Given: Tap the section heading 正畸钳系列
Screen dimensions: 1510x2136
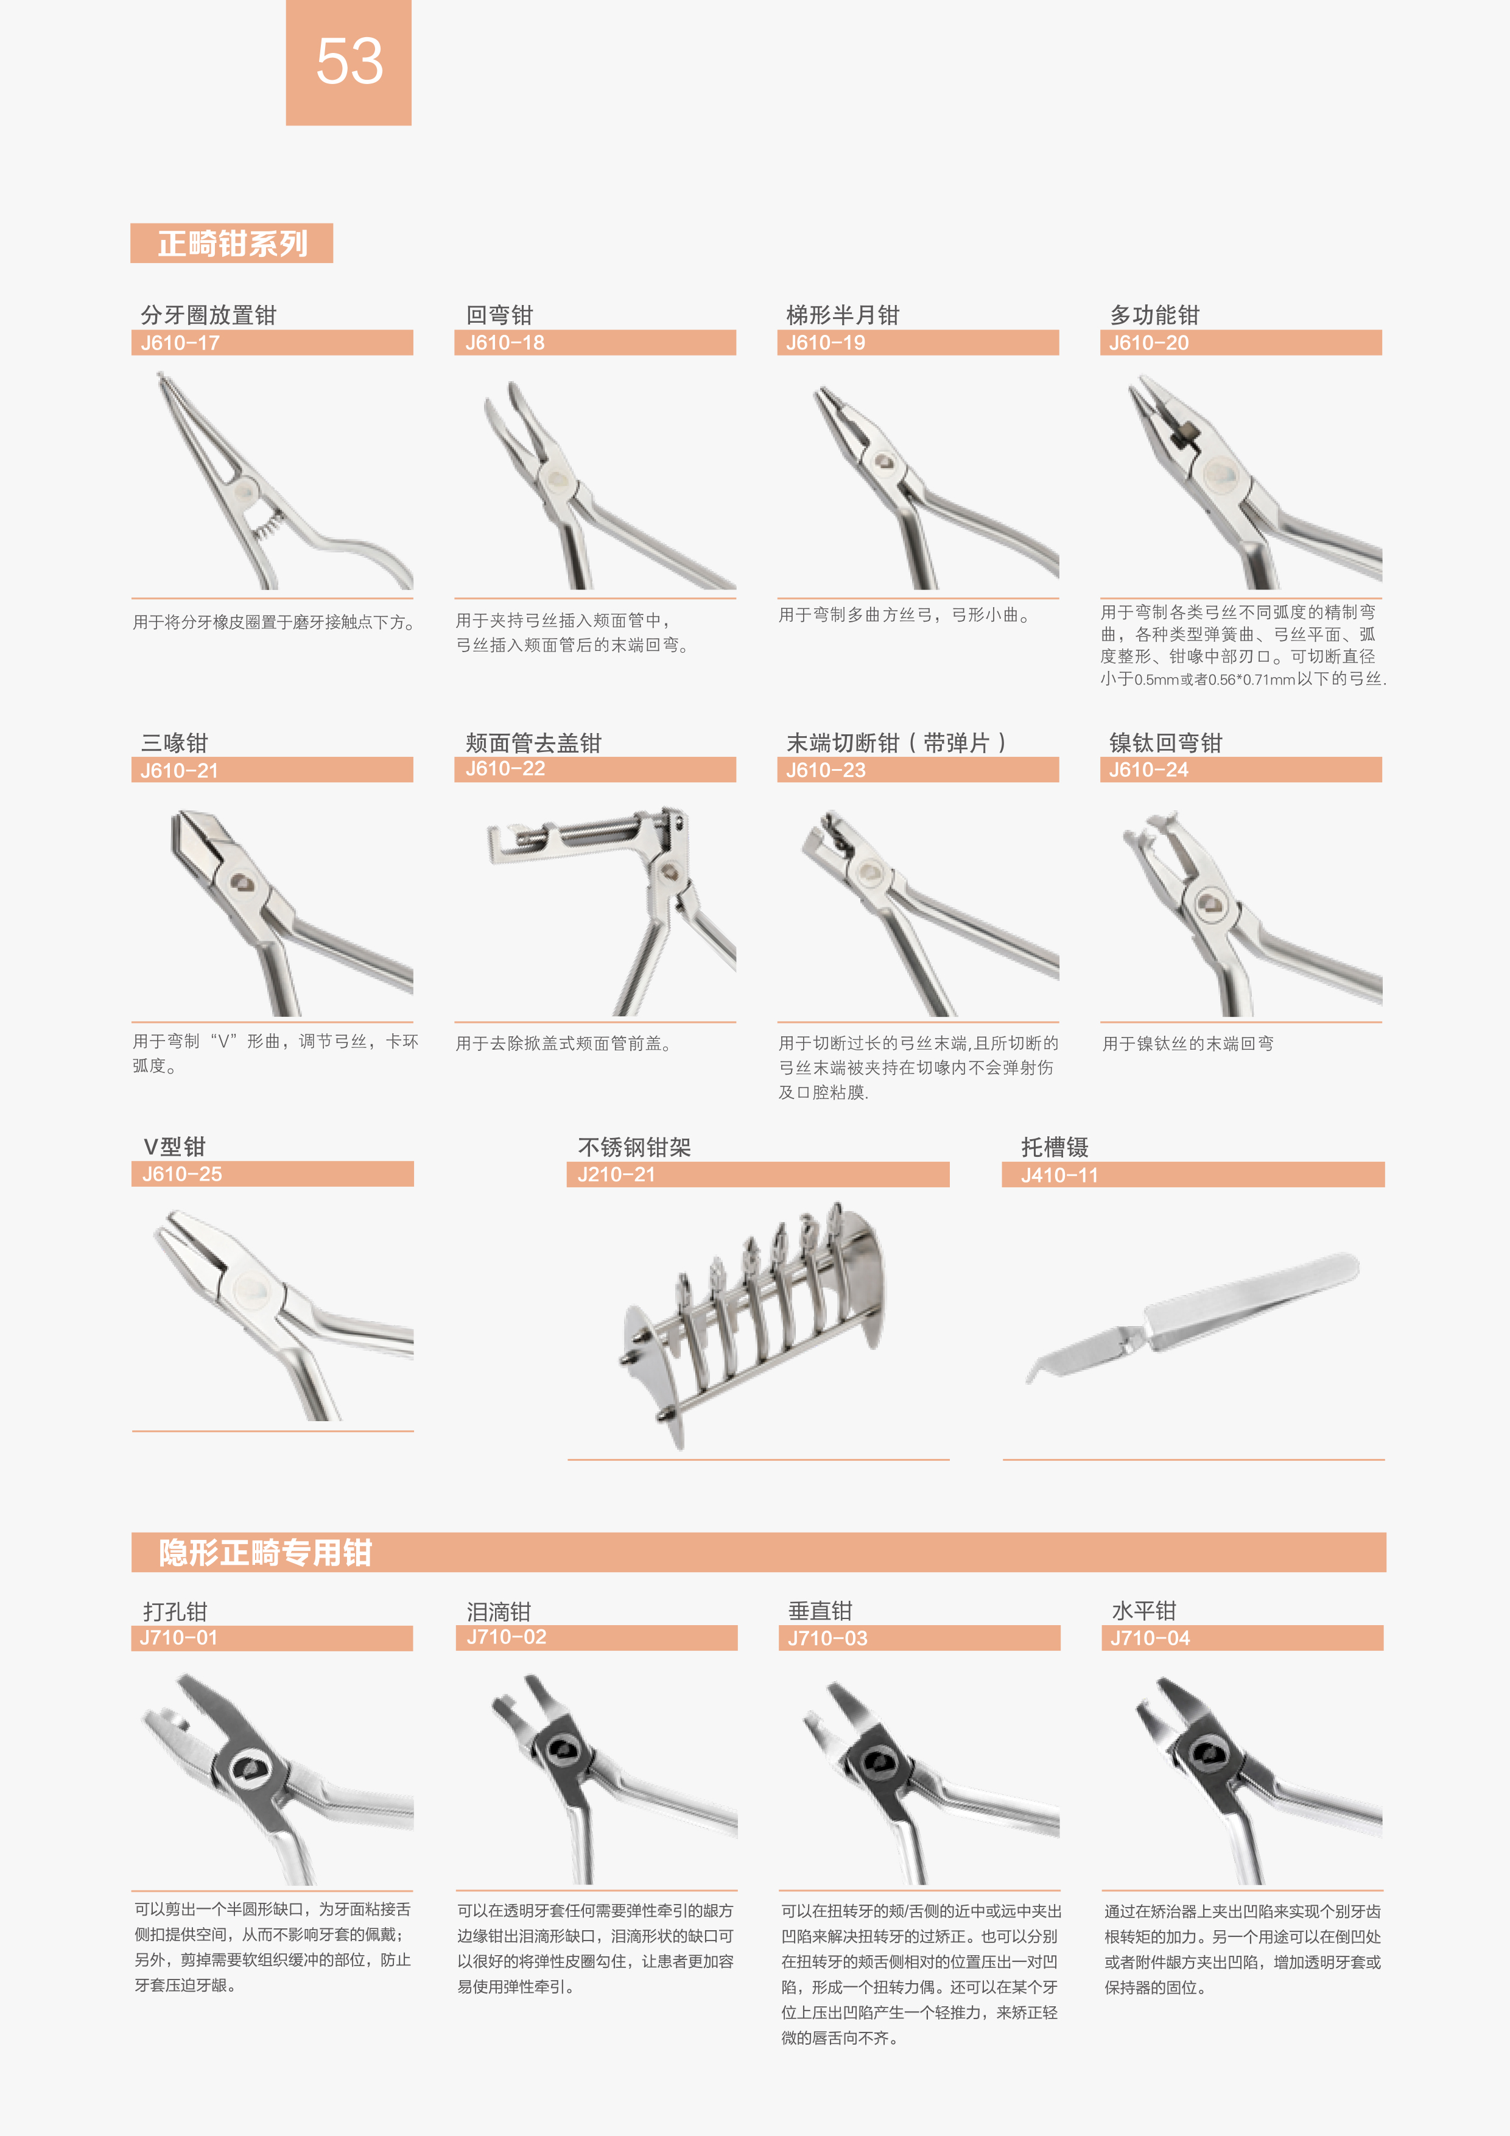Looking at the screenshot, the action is tap(233, 244).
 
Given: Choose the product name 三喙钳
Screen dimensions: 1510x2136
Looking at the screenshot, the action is tap(174, 742).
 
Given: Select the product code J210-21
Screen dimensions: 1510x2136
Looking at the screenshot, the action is tap(616, 1175).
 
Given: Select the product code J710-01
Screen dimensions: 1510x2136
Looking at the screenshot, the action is tap(178, 1639).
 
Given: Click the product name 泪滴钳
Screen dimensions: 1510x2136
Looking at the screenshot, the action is tap(499, 1611).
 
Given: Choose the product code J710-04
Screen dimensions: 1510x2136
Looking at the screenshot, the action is tap(1150, 1639).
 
